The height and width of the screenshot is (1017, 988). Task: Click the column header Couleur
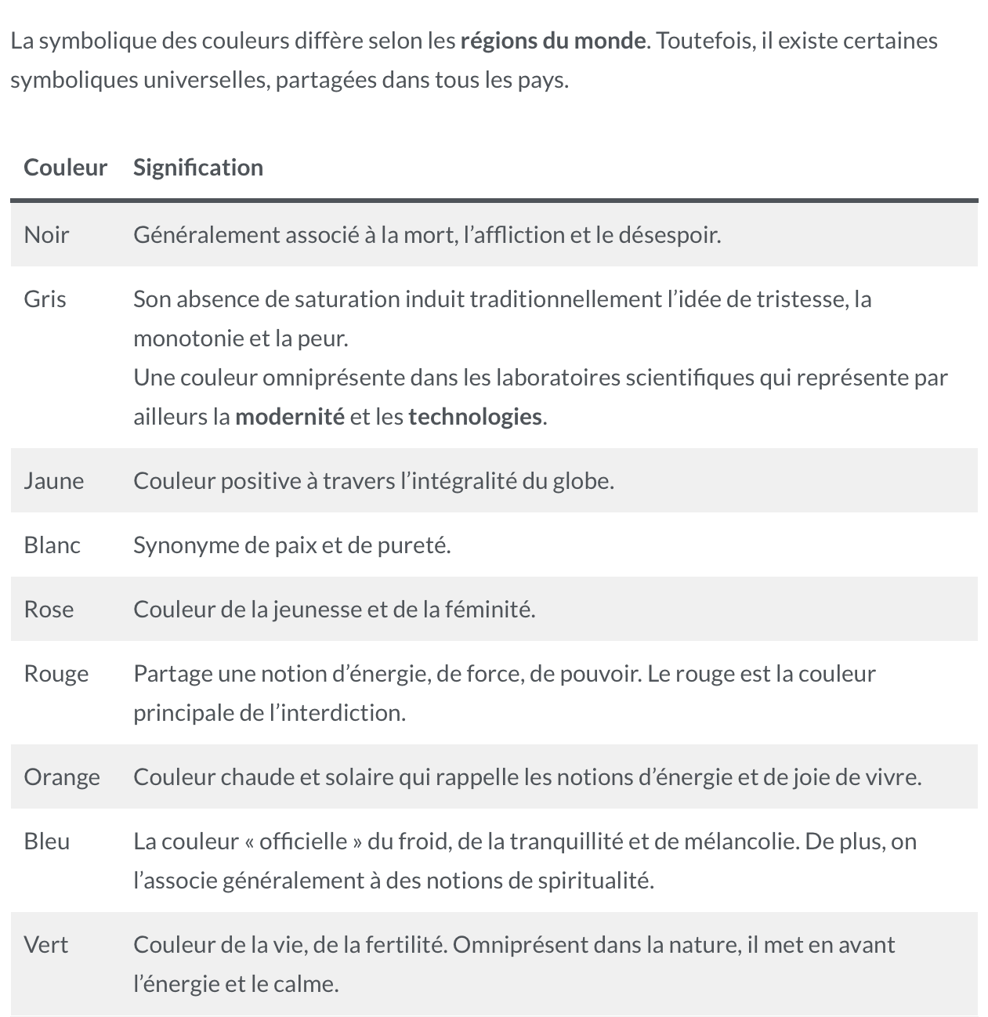point(65,168)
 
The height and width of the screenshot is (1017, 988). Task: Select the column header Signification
point(197,168)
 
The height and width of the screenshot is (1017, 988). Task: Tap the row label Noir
point(46,235)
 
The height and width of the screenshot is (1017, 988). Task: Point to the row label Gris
point(45,299)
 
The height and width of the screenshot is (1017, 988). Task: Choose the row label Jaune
point(53,481)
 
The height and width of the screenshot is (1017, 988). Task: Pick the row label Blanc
point(52,545)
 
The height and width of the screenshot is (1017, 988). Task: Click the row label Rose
point(49,610)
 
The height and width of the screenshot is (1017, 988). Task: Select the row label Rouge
point(56,674)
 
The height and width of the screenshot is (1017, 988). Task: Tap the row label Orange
point(62,777)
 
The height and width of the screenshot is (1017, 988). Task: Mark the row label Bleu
point(46,841)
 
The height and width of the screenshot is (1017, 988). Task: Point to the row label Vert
point(45,945)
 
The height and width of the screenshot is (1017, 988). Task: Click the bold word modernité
point(289,417)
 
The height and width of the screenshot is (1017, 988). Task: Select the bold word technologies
point(475,417)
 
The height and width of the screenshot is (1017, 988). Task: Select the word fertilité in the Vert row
point(401,945)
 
